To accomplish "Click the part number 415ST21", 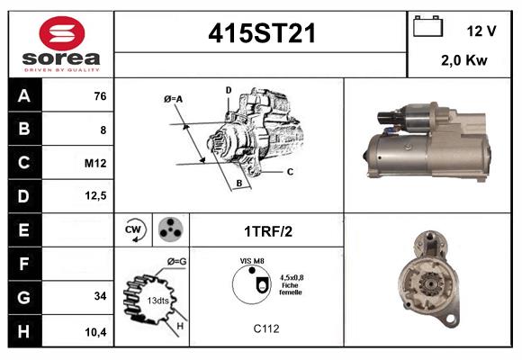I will click(x=261, y=33).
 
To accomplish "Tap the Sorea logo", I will click(x=61, y=44).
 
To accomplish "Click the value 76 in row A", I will click(x=99, y=95).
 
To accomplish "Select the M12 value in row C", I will click(x=95, y=163).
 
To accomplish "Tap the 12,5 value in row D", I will click(x=96, y=196).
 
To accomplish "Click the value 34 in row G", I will click(x=99, y=296).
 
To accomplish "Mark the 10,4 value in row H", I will click(x=96, y=331).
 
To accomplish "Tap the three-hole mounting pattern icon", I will click(x=168, y=230).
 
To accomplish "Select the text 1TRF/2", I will click(x=268, y=231).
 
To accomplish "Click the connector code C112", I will click(x=266, y=329).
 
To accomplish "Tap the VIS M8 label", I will click(x=251, y=261).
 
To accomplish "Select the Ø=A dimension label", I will click(x=174, y=98).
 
